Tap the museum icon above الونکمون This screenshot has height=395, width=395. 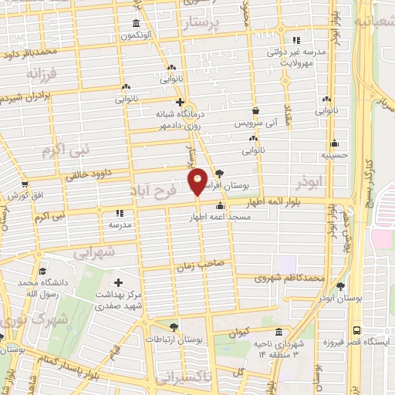pos(137,22)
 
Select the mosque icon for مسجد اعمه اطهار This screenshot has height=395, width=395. pos(221,206)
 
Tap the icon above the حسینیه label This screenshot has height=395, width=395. pos(334,143)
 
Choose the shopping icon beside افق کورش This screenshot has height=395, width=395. pos(25,184)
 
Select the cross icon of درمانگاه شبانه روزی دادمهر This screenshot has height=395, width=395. pos(179,101)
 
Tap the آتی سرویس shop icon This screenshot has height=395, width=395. pos(255,111)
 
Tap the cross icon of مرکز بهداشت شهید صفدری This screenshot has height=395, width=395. pos(117,282)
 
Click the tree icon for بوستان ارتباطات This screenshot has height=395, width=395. pos(174,327)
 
